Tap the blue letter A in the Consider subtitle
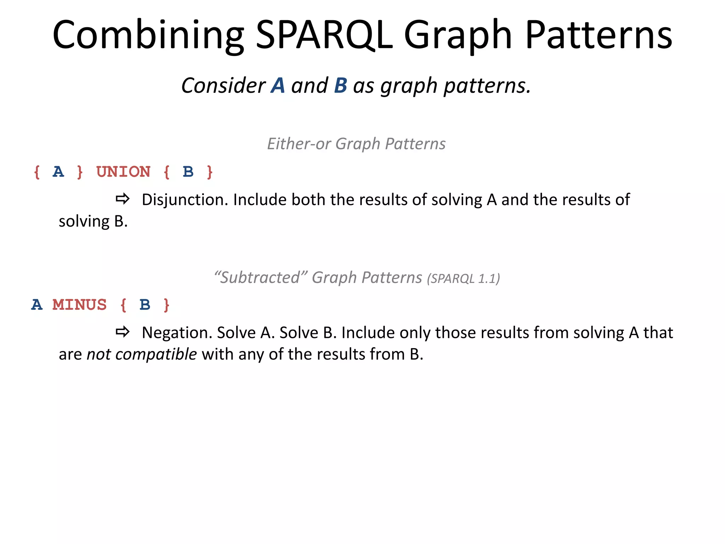tap(278, 86)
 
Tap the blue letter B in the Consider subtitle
tap(341, 86)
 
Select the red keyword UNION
tap(123, 172)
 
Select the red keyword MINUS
tap(79, 305)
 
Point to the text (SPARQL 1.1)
tap(463, 279)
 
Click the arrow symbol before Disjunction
tap(122, 199)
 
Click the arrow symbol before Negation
tap(122, 332)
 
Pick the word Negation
tap(177, 333)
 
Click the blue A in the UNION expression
tap(58, 172)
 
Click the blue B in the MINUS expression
tap(145, 305)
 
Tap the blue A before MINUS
tap(37, 305)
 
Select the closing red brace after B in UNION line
tap(210, 172)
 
